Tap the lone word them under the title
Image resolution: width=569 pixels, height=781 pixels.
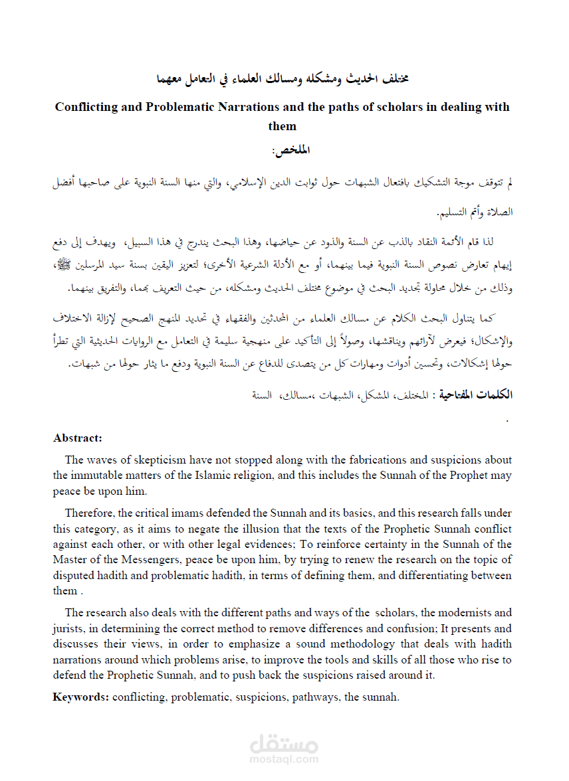pyautogui.click(x=283, y=126)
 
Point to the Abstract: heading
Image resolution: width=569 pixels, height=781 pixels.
pyautogui.click(x=78, y=438)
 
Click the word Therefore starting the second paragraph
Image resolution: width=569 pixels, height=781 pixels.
pyautogui.click(x=89, y=513)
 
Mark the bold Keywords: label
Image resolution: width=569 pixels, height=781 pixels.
pyautogui.click(x=81, y=697)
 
